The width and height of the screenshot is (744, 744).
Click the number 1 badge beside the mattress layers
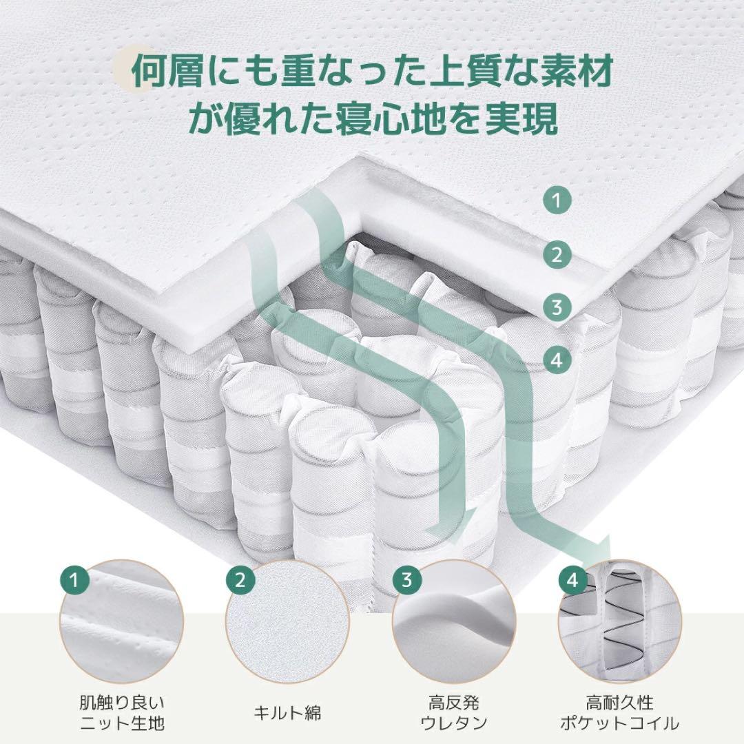(x=557, y=201)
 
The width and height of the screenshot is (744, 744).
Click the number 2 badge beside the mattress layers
(x=557, y=256)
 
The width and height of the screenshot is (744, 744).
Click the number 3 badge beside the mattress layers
(x=557, y=306)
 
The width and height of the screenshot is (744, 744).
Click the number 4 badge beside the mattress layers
(x=557, y=358)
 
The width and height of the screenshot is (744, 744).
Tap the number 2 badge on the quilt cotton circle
(x=240, y=580)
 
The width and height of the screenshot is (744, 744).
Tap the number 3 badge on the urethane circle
(x=407, y=580)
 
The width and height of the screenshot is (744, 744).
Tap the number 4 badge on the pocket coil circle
(x=572, y=580)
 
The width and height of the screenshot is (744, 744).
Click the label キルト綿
(x=287, y=712)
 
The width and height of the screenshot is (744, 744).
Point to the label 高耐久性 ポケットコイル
(x=620, y=712)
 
